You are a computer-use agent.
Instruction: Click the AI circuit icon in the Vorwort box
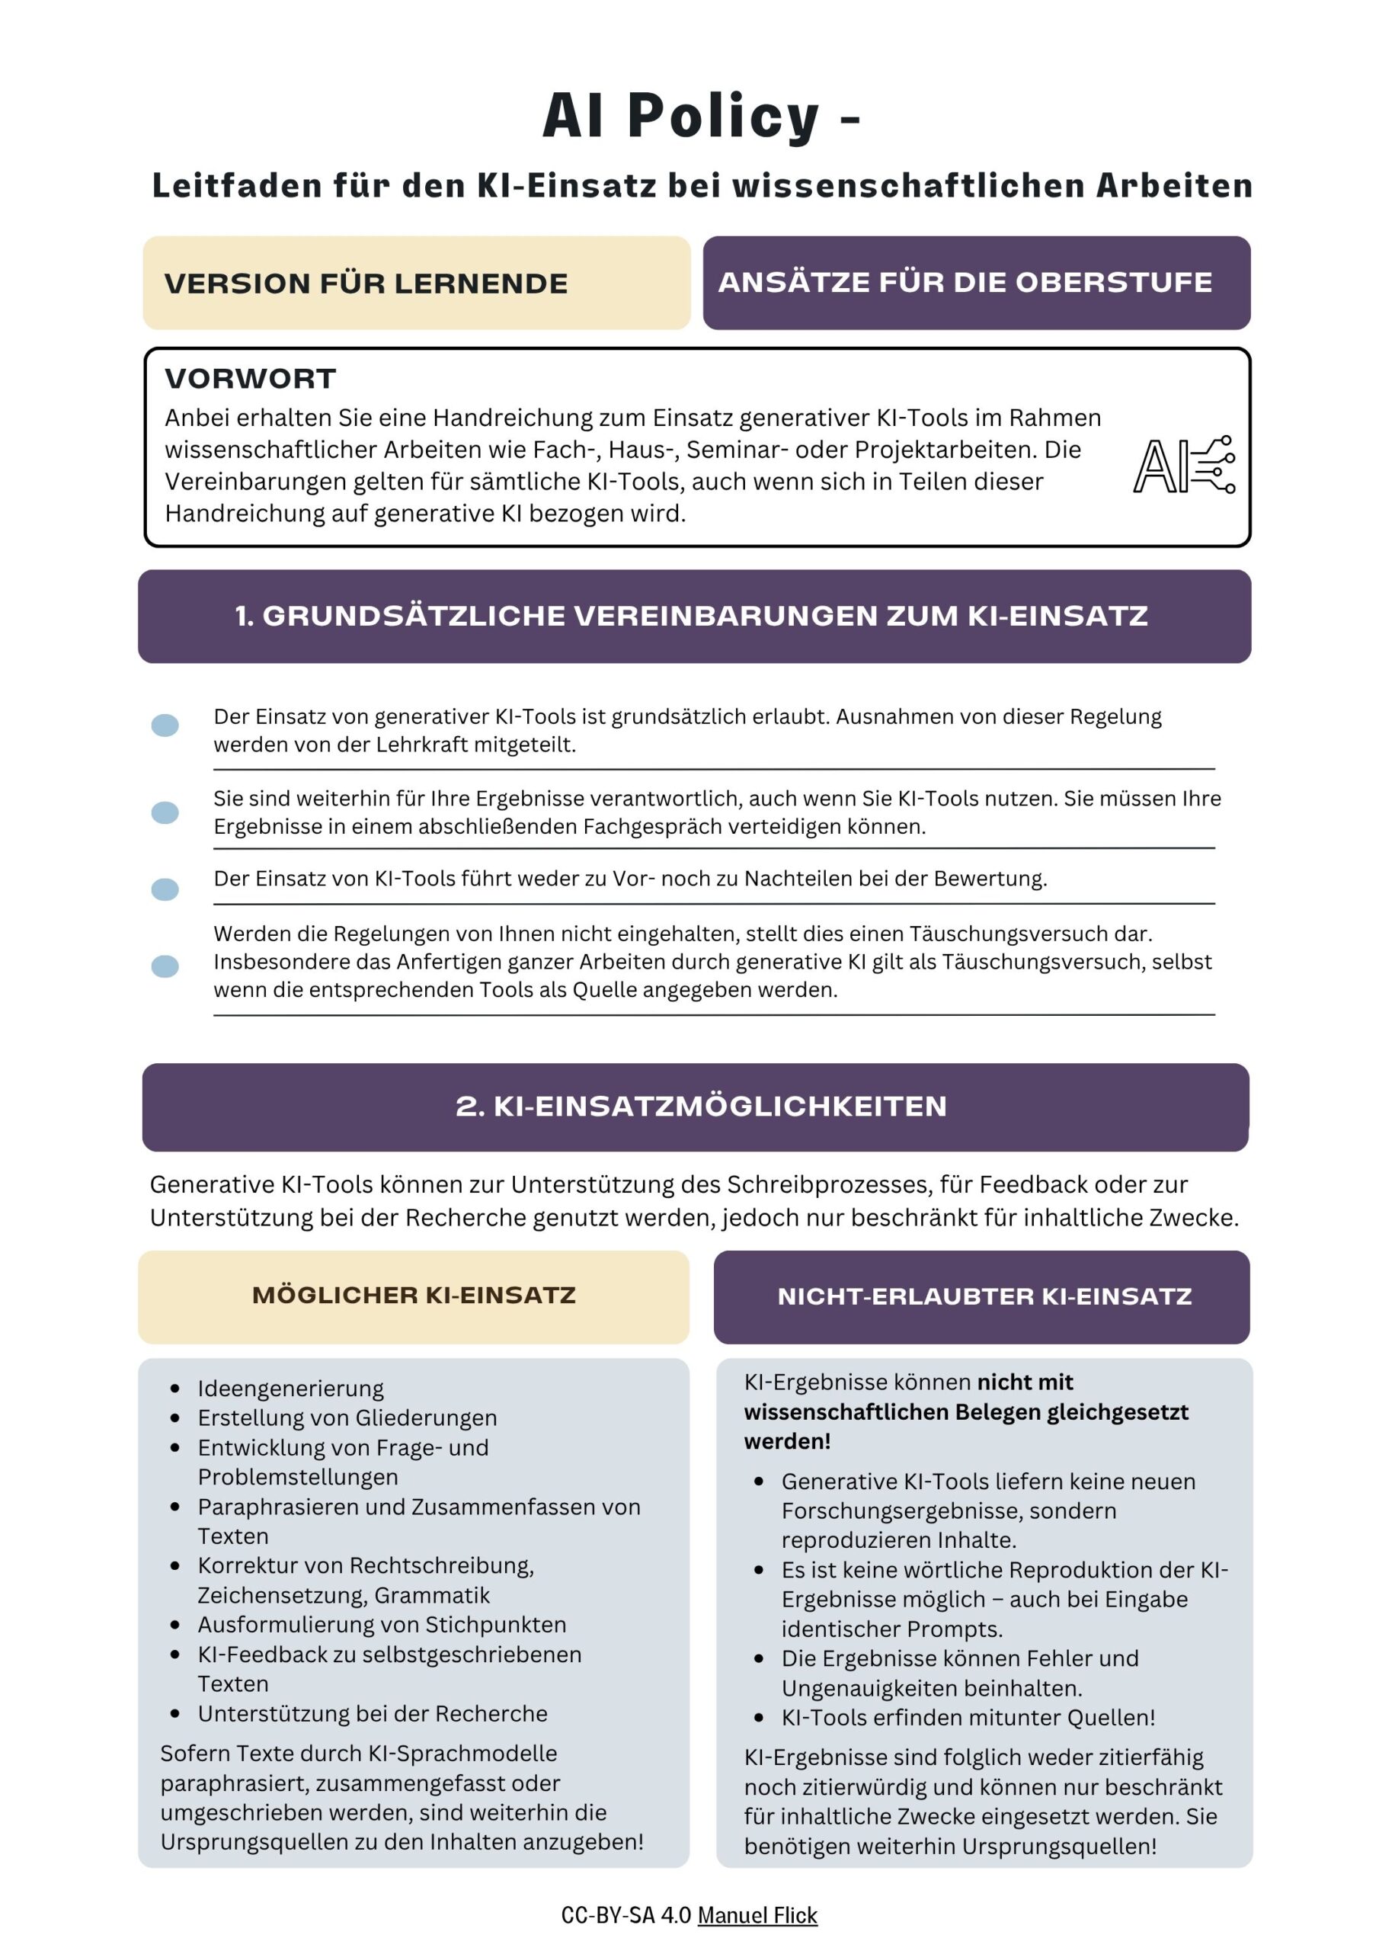tap(1183, 465)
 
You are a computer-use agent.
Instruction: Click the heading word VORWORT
tap(251, 379)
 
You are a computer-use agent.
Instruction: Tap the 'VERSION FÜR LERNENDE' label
tap(366, 283)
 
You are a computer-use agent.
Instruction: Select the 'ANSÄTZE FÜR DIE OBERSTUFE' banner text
tap(965, 282)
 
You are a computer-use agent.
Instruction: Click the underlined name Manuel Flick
tap(757, 1915)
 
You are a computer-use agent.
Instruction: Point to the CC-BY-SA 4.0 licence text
tap(626, 1915)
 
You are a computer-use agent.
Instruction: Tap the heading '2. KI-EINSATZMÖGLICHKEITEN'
tap(701, 1106)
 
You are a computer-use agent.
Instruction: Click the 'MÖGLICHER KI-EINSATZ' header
tap(414, 1295)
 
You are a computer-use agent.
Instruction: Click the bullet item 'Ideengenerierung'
tap(290, 1389)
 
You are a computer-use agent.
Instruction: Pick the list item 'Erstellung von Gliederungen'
tap(347, 1418)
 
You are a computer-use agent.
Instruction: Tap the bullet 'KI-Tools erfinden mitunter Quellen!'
tap(968, 1717)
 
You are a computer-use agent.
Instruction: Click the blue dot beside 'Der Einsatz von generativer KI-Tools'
tap(165, 725)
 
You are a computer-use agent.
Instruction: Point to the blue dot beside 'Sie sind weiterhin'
tap(165, 812)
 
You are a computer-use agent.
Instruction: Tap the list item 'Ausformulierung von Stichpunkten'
tap(382, 1625)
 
